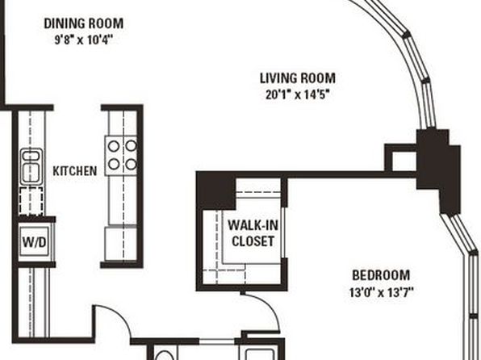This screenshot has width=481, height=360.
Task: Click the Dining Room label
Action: tap(83, 23)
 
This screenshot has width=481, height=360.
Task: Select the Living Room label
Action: tap(298, 78)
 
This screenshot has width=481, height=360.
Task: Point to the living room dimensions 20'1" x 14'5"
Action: tap(298, 94)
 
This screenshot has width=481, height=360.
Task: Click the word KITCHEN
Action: tap(75, 171)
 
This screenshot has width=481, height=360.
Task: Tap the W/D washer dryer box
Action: tap(34, 242)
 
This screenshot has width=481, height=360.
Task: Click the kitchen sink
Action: tap(31, 166)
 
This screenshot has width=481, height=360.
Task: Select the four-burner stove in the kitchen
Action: tap(121, 156)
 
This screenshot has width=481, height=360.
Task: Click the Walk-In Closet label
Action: tap(253, 233)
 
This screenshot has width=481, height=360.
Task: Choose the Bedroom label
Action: tap(381, 275)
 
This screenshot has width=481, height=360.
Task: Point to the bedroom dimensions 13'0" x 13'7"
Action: tap(381, 292)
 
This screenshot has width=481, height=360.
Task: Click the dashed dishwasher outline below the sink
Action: tap(31, 201)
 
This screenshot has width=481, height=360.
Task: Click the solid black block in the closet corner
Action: tap(216, 190)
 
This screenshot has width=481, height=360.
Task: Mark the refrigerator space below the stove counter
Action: tap(120, 244)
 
